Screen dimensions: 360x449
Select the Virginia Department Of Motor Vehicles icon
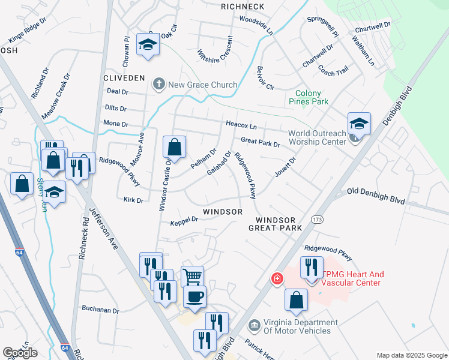254,326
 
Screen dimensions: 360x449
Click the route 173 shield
316,220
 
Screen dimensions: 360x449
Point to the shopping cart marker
192,277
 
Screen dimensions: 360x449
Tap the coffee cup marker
194,296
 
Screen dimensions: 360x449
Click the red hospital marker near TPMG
277,278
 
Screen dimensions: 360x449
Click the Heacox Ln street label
241,125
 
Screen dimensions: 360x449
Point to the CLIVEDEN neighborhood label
124,79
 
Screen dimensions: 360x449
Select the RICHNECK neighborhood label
243,7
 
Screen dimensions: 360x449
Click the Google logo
20,353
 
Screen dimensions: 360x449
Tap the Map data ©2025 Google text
411,355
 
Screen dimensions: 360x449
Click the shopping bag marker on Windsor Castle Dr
174,146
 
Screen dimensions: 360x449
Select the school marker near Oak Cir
147,44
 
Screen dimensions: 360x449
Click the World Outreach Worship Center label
317,137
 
